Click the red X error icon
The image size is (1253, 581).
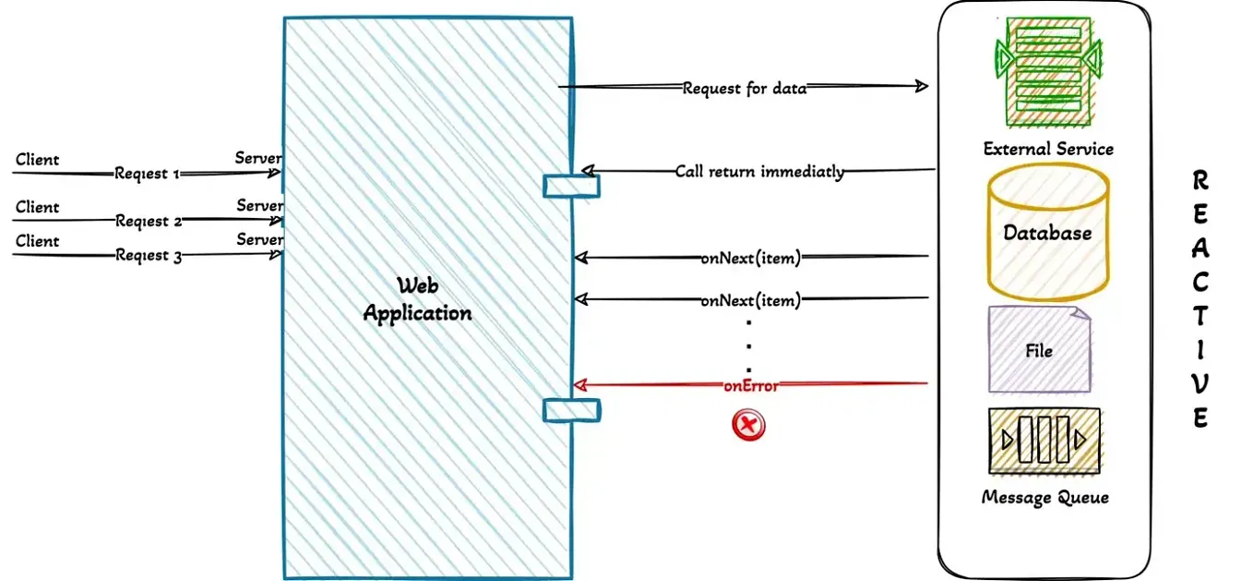[x=748, y=426]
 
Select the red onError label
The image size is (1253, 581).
[x=750, y=386]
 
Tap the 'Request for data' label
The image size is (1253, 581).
[x=745, y=89]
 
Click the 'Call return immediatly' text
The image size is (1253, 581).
[x=759, y=171]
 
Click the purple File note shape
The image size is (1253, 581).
[x=1039, y=351]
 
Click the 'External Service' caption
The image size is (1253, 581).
[x=1048, y=149]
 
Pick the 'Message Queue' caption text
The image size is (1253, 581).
[x=1045, y=498]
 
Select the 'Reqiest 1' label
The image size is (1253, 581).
[x=147, y=174]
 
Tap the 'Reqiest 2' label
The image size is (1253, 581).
[x=148, y=222]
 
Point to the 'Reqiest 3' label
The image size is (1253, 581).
[x=148, y=256]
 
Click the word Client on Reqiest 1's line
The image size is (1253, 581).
[x=37, y=160]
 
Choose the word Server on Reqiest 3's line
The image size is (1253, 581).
[x=258, y=240]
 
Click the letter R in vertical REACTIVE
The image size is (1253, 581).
[x=1200, y=180]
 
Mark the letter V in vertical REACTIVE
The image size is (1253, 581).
[x=1200, y=383]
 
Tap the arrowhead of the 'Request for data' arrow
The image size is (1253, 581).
[x=920, y=86]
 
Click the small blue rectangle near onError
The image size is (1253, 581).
[x=571, y=409]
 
